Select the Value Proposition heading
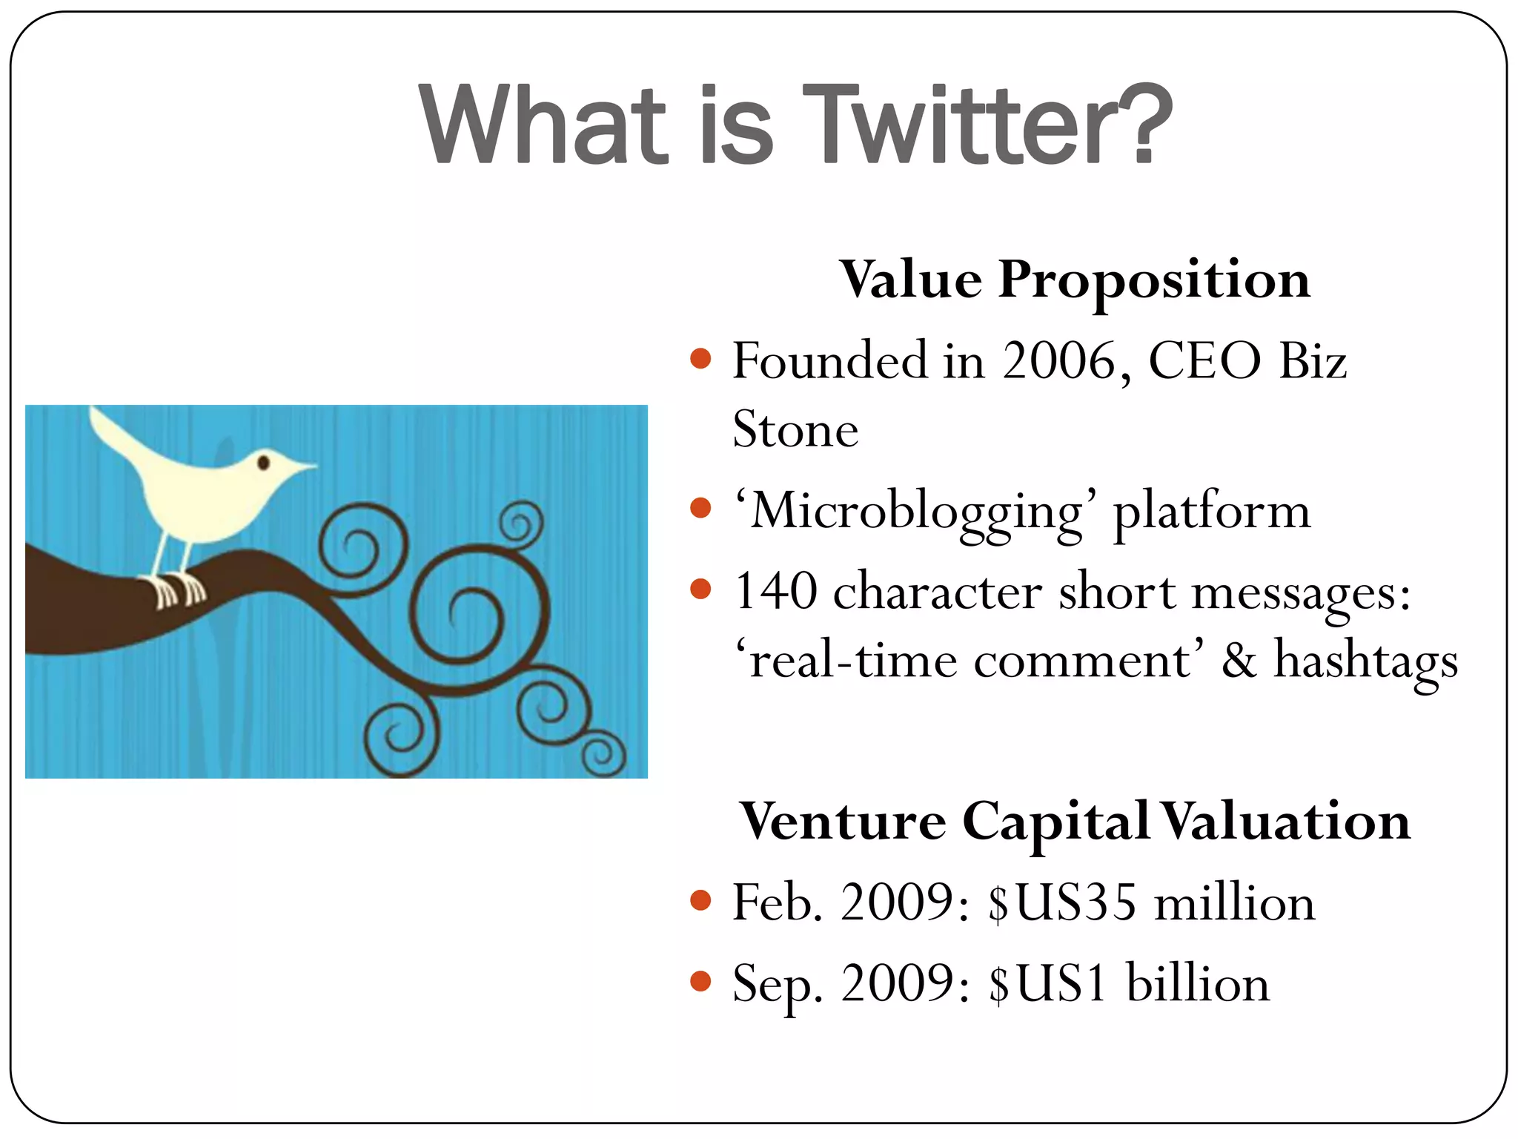(x=1075, y=280)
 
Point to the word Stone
(x=795, y=430)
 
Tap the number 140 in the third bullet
(x=776, y=592)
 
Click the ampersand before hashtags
(x=1239, y=660)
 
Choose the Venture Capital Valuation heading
(x=1075, y=822)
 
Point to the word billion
(x=1198, y=983)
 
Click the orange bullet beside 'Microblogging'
(x=700, y=509)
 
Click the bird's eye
(x=263, y=463)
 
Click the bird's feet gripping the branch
(x=178, y=590)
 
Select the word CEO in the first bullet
(x=1204, y=361)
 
